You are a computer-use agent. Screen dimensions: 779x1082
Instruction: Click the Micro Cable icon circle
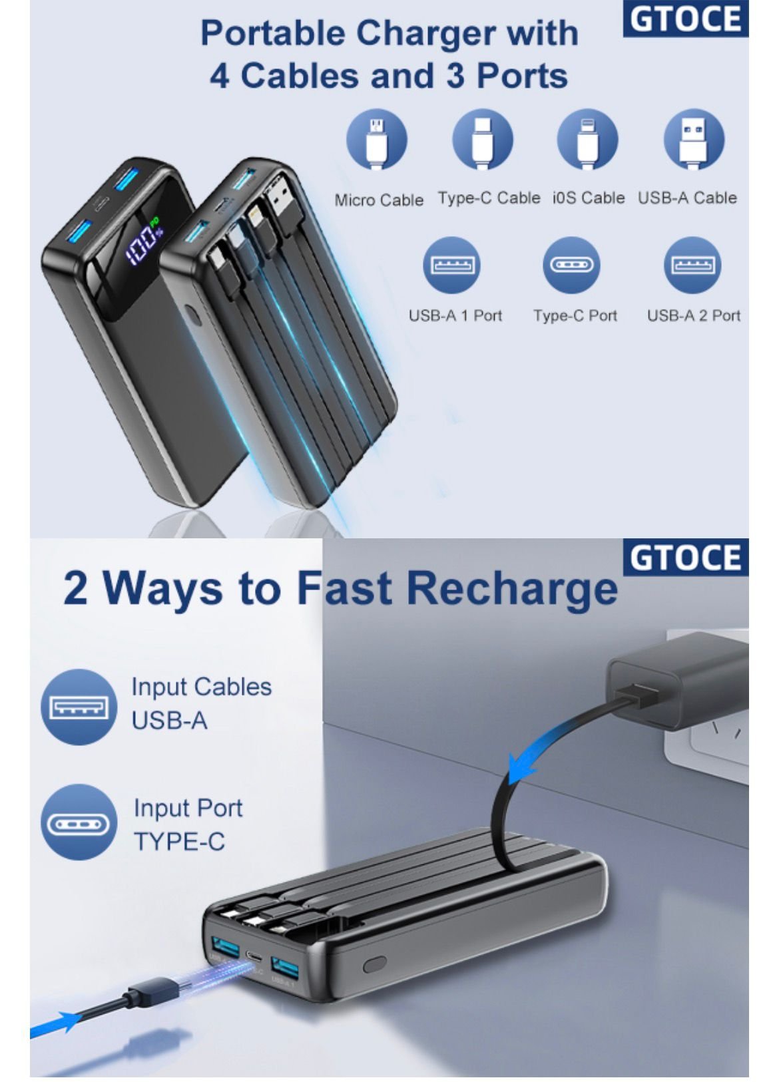point(376,140)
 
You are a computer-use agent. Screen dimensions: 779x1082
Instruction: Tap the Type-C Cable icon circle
point(482,139)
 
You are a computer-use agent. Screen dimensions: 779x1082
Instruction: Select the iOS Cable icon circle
point(587,139)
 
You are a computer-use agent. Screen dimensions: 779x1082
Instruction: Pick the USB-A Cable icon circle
point(694,139)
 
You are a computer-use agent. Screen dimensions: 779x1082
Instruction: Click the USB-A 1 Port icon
point(451,266)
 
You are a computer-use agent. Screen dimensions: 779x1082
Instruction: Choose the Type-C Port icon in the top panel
point(571,266)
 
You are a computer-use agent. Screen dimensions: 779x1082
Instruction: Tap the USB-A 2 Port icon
point(692,266)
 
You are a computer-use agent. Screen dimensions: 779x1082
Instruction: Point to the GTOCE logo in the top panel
point(685,19)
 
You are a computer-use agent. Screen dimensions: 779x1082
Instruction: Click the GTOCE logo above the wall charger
point(685,558)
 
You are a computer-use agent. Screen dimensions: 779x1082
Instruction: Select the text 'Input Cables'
point(202,687)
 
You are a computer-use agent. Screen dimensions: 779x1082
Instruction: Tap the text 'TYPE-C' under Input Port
point(179,842)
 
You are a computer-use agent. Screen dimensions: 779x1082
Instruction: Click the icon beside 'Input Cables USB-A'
point(79,707)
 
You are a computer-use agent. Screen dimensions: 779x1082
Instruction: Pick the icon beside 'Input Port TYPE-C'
point(79,822)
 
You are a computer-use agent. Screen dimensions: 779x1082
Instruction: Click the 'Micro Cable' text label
point(379,200)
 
